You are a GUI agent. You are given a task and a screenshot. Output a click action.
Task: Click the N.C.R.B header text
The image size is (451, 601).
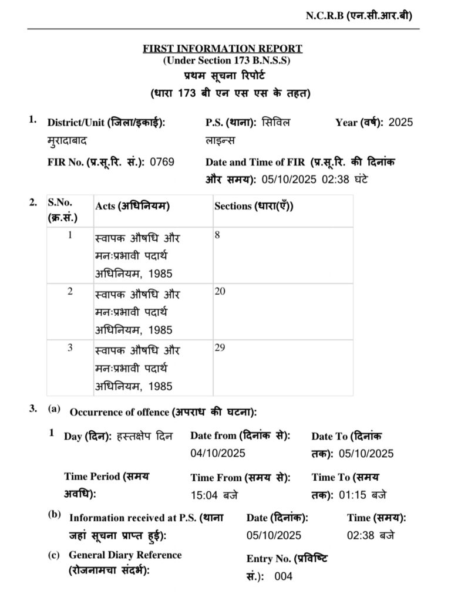[x=358, y=16]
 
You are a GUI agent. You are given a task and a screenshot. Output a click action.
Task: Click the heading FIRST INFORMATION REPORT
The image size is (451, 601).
[x=223, y=49]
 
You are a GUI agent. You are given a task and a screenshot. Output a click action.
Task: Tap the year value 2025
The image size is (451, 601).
[x=400, y=123]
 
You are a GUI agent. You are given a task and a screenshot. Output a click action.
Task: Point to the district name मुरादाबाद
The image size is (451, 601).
[x=69, y=141]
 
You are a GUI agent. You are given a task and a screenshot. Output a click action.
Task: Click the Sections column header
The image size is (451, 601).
[x=254, y=206]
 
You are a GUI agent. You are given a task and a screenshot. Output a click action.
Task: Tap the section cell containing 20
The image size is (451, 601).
[x=220, y=291]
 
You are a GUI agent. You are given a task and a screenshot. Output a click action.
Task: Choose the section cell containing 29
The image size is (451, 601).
[x=220, y=348]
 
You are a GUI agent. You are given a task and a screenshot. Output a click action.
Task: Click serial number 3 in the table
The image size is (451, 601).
[x=70, y=347]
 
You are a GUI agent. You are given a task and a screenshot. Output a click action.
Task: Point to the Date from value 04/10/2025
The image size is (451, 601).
[x=217, y=453]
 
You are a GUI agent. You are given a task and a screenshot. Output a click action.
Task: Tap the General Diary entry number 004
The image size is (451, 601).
[x=283, y=576]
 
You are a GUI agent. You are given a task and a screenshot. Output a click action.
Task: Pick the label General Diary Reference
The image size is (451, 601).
[x=125, y=555]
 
